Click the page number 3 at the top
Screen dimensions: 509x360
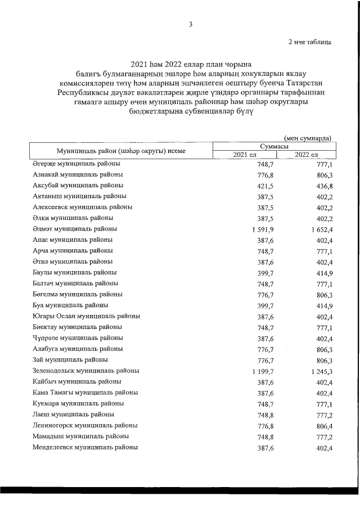click(x=191, y=24)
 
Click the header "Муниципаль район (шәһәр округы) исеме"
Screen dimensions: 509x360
click(x=121, y=150)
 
